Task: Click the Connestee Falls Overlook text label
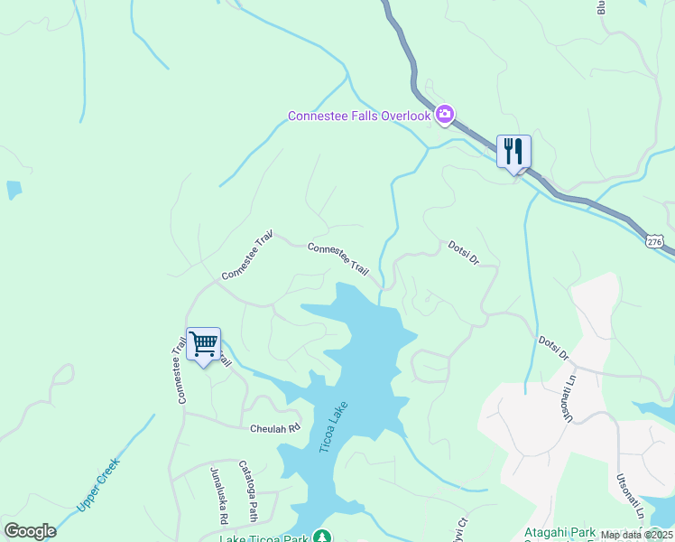click(x=359, y=116)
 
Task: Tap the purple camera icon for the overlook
click(x=444, y=115)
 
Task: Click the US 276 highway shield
click(x=656, y=241)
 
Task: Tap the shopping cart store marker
click(x=203, y=342)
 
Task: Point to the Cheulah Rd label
click(x=274, y=429)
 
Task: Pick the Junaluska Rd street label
click(x=217, y=496)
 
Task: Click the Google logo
click(x=30, y=531)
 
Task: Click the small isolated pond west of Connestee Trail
click(x=14, y=190)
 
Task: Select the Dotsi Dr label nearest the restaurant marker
click(x=462, y=252)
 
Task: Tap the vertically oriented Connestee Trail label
click(x=180, y=369)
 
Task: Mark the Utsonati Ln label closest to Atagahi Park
click(x=627, y=495)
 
